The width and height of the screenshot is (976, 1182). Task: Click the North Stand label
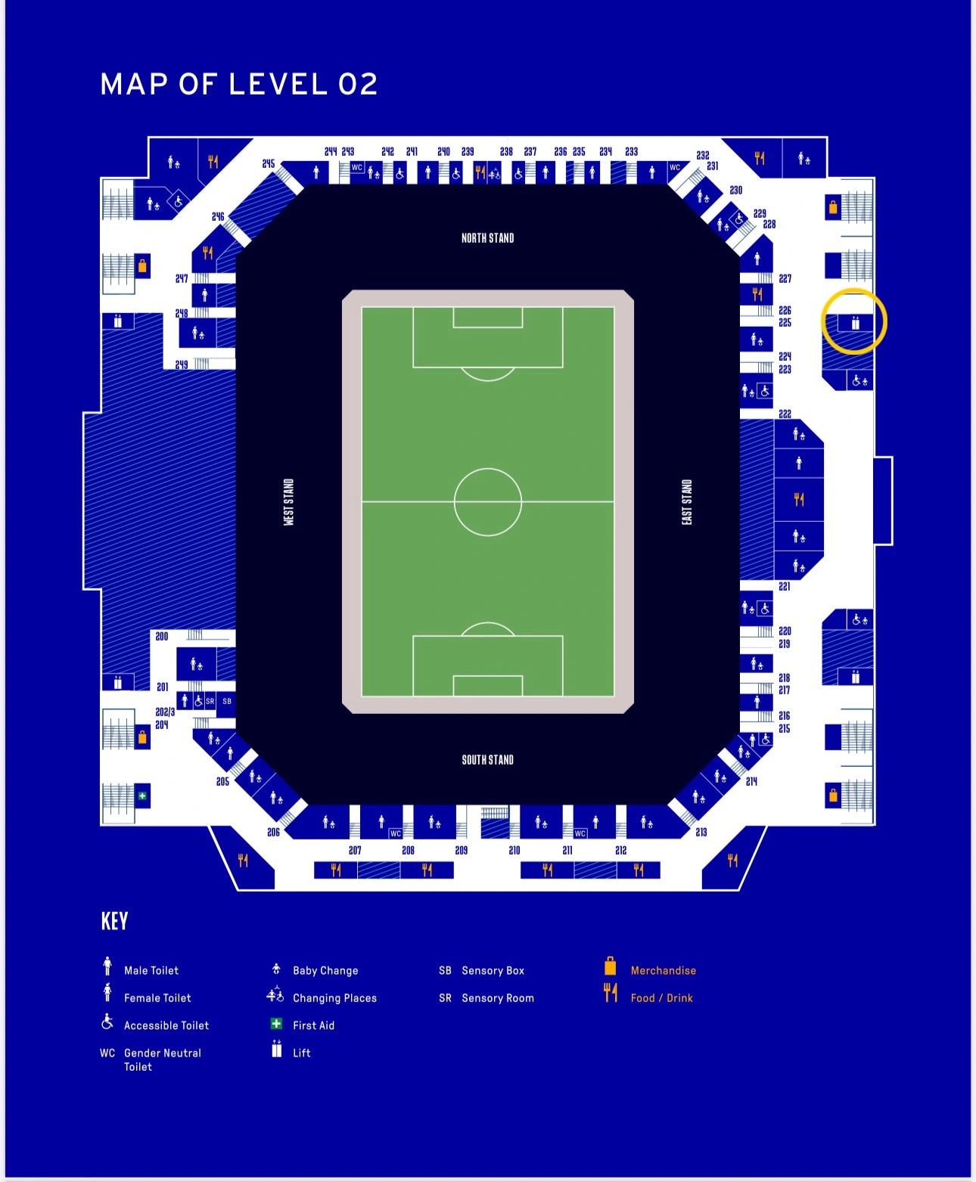pos(487,238)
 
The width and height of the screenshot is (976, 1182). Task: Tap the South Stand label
pos(487,760)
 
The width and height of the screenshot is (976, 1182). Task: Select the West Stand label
pos(288,502)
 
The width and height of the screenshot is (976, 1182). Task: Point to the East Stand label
pos(687,502)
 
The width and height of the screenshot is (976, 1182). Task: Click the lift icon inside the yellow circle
pos(855,323)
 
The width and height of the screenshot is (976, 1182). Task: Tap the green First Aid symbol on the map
pos(142,796)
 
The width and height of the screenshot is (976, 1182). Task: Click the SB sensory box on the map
pos(227,701)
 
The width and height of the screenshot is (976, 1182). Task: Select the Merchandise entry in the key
pos(663,970)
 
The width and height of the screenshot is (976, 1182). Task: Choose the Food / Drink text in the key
pos(661,998)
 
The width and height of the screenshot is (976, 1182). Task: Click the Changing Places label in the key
pos(334,998)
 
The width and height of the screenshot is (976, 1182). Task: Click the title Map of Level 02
pos(239,84)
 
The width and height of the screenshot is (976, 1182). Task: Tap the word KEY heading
pos(114,921)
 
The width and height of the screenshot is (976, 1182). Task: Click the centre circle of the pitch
pos(488,501)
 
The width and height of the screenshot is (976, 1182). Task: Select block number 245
pos(269,164)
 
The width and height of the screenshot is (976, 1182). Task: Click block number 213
pos(701,832)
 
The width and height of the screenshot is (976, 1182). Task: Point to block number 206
pos(273,832)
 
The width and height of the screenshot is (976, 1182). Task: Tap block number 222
pos(785,414)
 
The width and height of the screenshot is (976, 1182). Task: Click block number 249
pos(182,365)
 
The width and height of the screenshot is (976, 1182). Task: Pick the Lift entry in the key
pos(301,1053)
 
